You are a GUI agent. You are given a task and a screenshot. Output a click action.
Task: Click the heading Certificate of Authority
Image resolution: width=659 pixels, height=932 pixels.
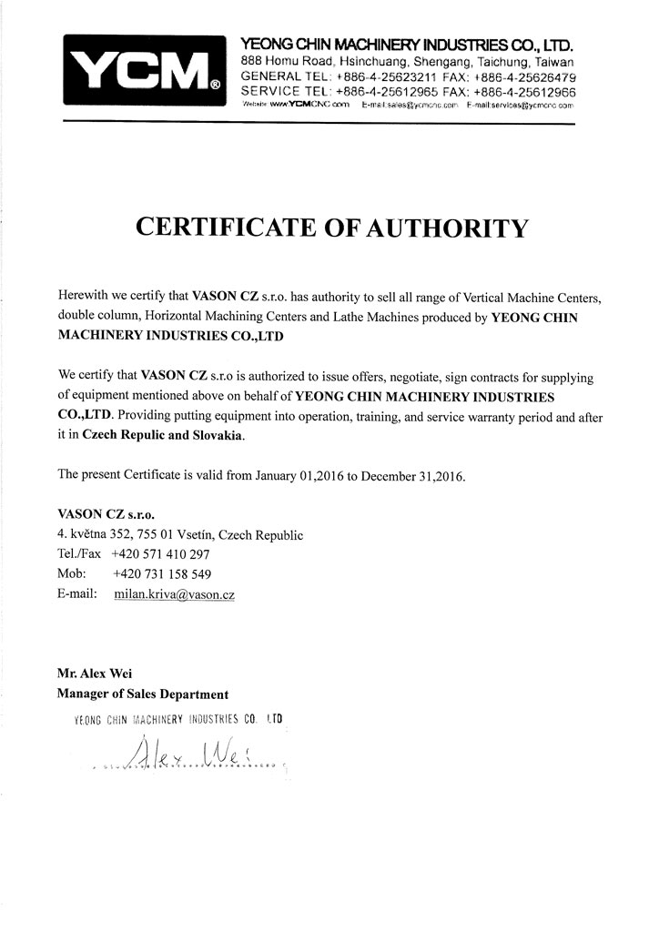330,228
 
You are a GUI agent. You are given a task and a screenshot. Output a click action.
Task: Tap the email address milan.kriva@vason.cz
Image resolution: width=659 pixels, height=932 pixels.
175,593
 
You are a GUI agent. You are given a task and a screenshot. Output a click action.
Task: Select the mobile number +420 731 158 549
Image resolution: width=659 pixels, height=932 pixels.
161,573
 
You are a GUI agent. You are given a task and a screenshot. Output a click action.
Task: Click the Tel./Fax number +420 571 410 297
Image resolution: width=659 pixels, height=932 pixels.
161,553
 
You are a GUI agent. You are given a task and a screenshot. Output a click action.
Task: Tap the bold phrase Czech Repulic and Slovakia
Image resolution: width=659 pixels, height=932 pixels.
164,436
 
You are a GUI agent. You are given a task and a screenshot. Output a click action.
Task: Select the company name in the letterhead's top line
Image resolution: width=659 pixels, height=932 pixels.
406,44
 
